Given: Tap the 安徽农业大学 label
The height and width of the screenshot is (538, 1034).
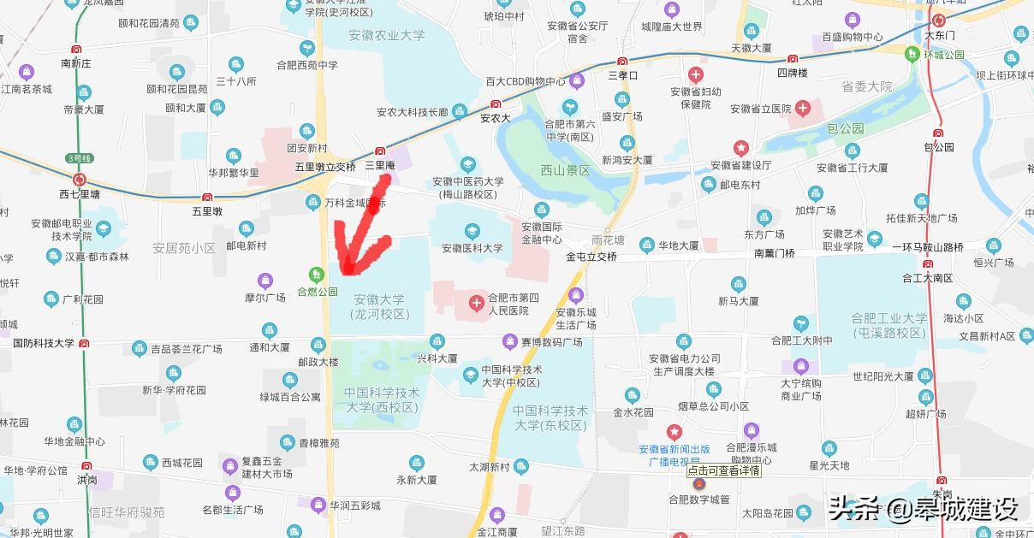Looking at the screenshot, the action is point(387,36).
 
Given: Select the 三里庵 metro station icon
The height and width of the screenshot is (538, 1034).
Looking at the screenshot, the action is point(380,151).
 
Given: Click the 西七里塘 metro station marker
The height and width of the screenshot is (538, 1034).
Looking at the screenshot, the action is point(80,180).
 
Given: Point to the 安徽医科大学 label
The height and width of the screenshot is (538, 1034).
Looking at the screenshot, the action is point(472,248).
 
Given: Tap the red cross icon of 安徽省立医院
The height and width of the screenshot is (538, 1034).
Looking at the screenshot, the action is point(803,109).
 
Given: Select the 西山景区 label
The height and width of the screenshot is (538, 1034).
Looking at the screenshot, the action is point(566,171).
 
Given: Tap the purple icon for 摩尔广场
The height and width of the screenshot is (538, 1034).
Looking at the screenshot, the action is point(265,281).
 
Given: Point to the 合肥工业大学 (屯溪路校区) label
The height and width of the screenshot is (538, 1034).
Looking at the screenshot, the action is point(889,325).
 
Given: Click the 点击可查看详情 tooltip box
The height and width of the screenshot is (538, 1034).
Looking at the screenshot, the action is point(724,470).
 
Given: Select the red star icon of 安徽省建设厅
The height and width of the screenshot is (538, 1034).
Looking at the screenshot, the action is point(741,148).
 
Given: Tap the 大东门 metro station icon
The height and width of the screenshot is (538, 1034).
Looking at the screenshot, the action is point(940,21).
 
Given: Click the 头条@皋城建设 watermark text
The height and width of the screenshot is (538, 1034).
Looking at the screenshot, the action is point(923,510).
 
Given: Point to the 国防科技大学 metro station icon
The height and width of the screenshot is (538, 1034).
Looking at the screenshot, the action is point(84,343).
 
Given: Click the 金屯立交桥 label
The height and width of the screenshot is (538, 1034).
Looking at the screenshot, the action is point(591,257).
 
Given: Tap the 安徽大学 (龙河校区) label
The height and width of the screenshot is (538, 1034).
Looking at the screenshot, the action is point(378,307).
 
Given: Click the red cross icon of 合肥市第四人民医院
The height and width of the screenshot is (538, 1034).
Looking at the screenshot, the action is point(477,304).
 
